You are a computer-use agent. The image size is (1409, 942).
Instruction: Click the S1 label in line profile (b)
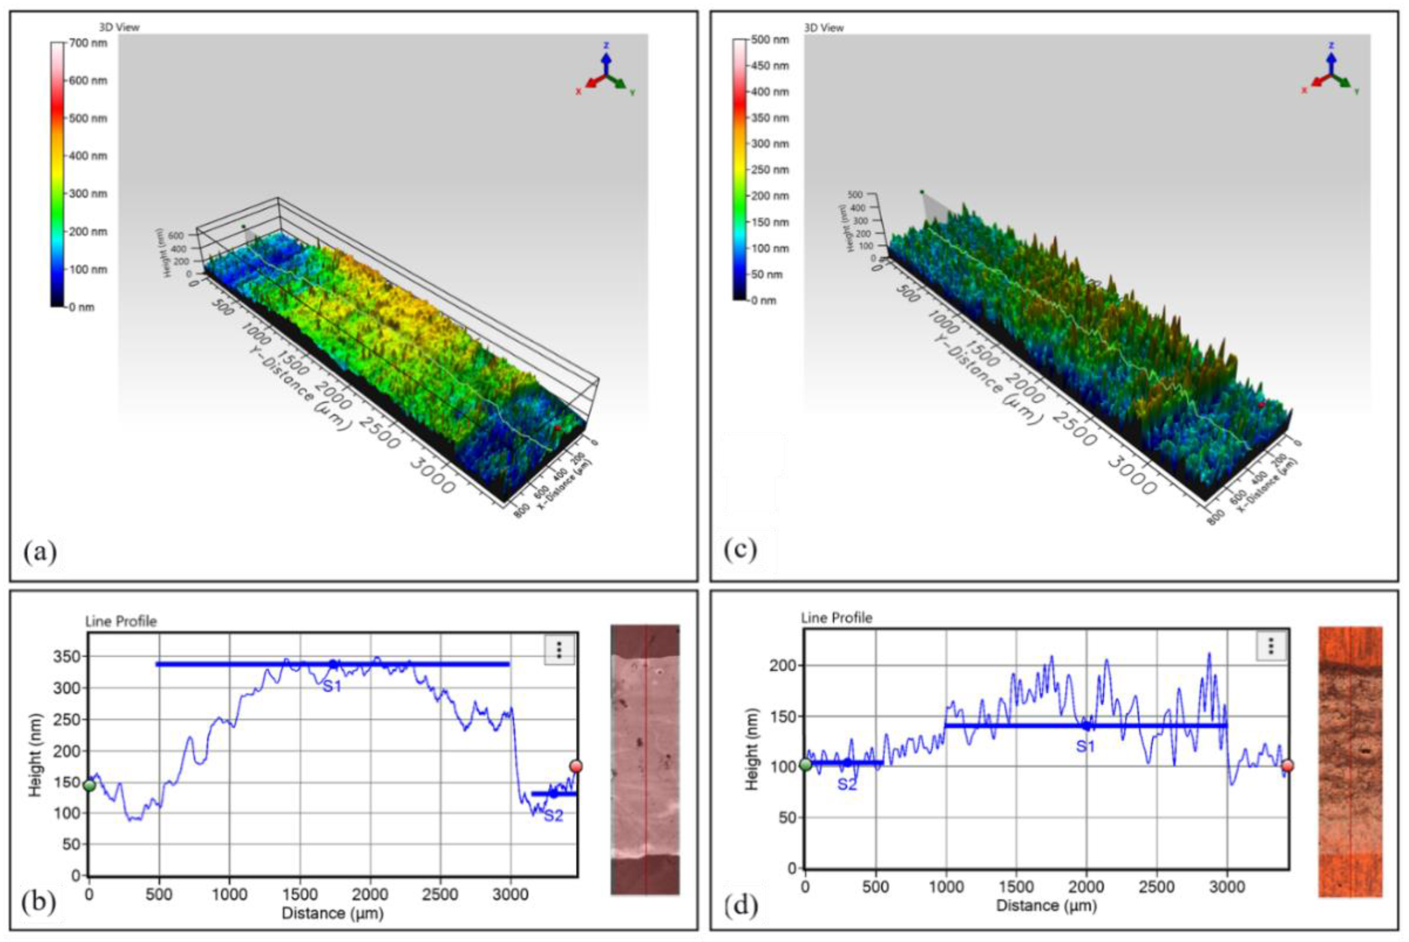[332, 687]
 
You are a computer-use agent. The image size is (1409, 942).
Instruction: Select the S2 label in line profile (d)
[847, 784]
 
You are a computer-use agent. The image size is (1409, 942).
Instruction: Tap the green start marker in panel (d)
[805, 765]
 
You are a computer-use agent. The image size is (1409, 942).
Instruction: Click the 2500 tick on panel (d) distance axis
[1156, 887]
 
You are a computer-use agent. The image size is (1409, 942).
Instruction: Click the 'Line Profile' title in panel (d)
[836, 617]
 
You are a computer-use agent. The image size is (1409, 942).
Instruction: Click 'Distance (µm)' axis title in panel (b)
[332, 913]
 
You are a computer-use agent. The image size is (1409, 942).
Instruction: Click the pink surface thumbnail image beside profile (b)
[644, 759]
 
